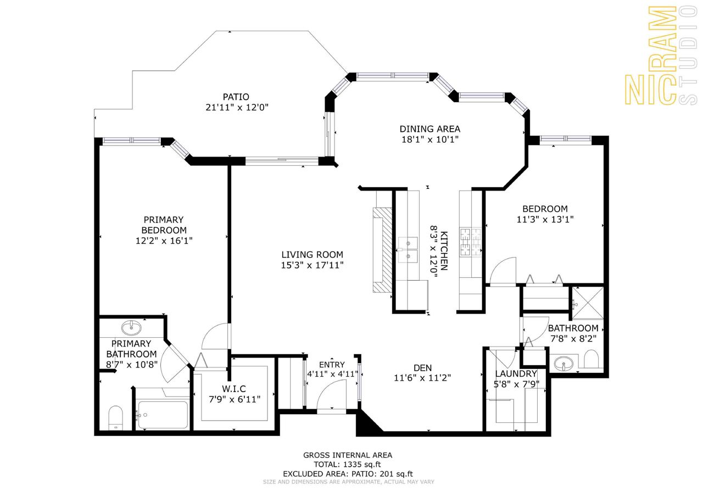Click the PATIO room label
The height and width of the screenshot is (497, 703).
[236, 97]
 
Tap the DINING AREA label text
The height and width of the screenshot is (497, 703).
[430, 129]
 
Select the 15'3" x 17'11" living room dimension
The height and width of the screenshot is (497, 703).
[313, 265]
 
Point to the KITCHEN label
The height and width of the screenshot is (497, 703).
[444, 250]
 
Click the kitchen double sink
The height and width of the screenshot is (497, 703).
[408, 250]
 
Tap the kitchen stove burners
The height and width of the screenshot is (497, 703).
[471, 242]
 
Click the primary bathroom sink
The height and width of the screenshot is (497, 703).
[131, 328]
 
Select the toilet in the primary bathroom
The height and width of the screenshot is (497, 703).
[115, 418]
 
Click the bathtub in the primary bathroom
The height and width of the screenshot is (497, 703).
[163, 415]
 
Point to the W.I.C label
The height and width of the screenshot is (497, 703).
[234, 389]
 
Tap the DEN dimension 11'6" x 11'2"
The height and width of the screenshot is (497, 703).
[422, 378]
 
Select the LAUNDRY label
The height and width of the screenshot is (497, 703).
[516, 373]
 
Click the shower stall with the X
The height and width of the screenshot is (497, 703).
[588, 303]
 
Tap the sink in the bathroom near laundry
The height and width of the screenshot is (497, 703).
[563, 364]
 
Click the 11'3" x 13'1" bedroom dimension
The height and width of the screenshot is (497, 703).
[545, 219]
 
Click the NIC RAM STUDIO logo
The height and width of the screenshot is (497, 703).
[661, 55]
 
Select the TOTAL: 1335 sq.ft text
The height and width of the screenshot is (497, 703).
[348, 465]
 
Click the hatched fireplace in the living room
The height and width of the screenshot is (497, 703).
[383, 250]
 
